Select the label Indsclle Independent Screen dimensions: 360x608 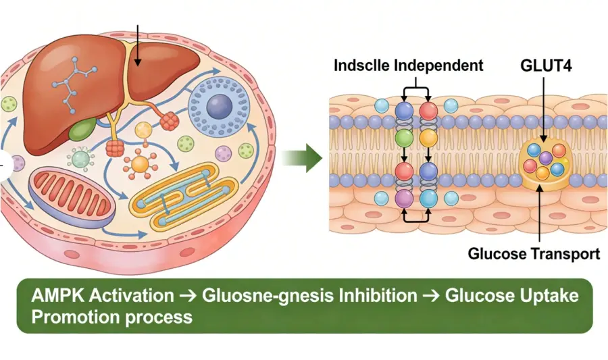pyautogui.click(x=409, y=66)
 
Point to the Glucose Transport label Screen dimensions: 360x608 pyautogui.click(x=534, y=254)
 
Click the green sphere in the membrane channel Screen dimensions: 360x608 pyautogui.click(x=404, y=138)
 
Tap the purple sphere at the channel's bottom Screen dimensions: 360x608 pyautogui.click(x=404, y=197)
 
